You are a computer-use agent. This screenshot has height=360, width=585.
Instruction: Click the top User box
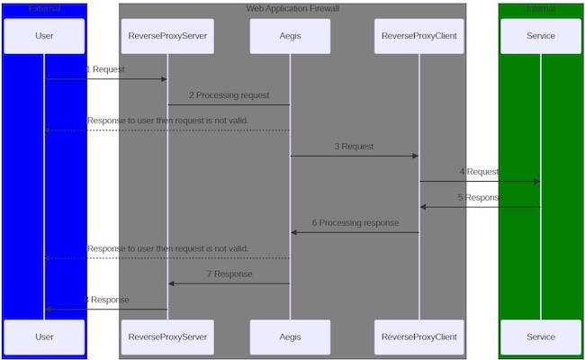(44, 36)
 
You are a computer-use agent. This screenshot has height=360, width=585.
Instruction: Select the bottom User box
(44, 337)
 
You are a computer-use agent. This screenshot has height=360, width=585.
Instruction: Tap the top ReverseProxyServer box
(167, 36)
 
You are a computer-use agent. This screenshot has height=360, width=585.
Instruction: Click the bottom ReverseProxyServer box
(167, 337)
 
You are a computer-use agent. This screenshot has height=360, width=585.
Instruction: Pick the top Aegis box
(290, 36)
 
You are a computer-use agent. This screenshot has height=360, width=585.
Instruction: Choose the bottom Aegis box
(290, 337)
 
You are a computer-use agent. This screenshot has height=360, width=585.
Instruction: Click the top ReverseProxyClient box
(418, 36)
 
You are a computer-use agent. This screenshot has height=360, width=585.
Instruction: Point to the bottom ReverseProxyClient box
(418, 337)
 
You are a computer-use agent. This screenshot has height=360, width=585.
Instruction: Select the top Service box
(541, 36)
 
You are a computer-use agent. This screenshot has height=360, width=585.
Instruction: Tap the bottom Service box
(541, 337)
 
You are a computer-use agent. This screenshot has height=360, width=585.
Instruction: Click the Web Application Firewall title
(292, 9)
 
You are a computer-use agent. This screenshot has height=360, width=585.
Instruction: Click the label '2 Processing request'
(229, 94)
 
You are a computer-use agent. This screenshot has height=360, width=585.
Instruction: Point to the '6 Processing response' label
(355, 222)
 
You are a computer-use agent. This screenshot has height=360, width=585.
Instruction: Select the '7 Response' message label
(229, 274)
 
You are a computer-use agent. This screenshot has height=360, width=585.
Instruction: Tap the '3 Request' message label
(354, 146)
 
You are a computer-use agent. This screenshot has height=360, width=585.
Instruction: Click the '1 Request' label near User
(105, 69)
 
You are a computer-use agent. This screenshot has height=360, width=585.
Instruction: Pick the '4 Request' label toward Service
(479, 171)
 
